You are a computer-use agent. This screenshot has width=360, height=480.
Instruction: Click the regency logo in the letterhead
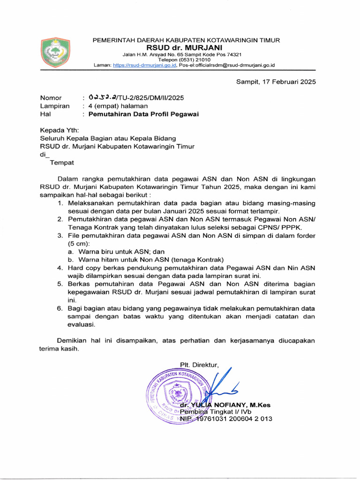[x=55, y=52]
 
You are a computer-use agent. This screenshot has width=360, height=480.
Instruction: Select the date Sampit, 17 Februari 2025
[x=276, y=82]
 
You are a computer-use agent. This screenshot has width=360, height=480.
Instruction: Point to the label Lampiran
[x=54, y=106]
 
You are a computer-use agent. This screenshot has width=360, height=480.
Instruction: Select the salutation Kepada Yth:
[x=60, y=130]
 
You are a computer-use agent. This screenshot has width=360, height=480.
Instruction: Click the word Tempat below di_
[x=62, y=163]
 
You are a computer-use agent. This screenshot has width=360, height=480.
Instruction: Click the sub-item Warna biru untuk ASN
[x=120, y=252]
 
